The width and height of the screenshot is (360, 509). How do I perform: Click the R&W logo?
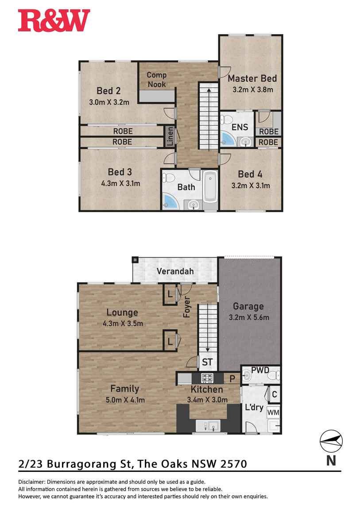click(54, 21)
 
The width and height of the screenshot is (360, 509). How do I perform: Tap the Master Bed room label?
click(252, 79)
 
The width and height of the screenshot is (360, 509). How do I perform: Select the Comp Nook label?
click(157, 80)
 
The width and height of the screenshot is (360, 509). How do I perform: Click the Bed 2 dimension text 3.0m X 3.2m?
click(108, 103)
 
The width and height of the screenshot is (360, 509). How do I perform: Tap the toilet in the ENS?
click(227, 120)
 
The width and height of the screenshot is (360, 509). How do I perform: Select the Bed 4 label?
click(250, 174)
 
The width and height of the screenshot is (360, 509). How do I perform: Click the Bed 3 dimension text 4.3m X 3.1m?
click(120, 183)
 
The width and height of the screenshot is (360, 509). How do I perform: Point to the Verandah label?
click(175, 271)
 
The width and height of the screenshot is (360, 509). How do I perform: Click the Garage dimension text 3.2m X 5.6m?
click(248, 317)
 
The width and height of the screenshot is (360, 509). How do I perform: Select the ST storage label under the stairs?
click(207, 362)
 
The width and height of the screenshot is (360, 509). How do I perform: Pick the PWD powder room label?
click(260, 370)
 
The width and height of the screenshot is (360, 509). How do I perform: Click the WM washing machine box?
click(273, 412)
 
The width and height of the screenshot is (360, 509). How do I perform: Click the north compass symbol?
click(331, 441)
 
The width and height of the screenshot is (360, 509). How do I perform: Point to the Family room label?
click(124, 389)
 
